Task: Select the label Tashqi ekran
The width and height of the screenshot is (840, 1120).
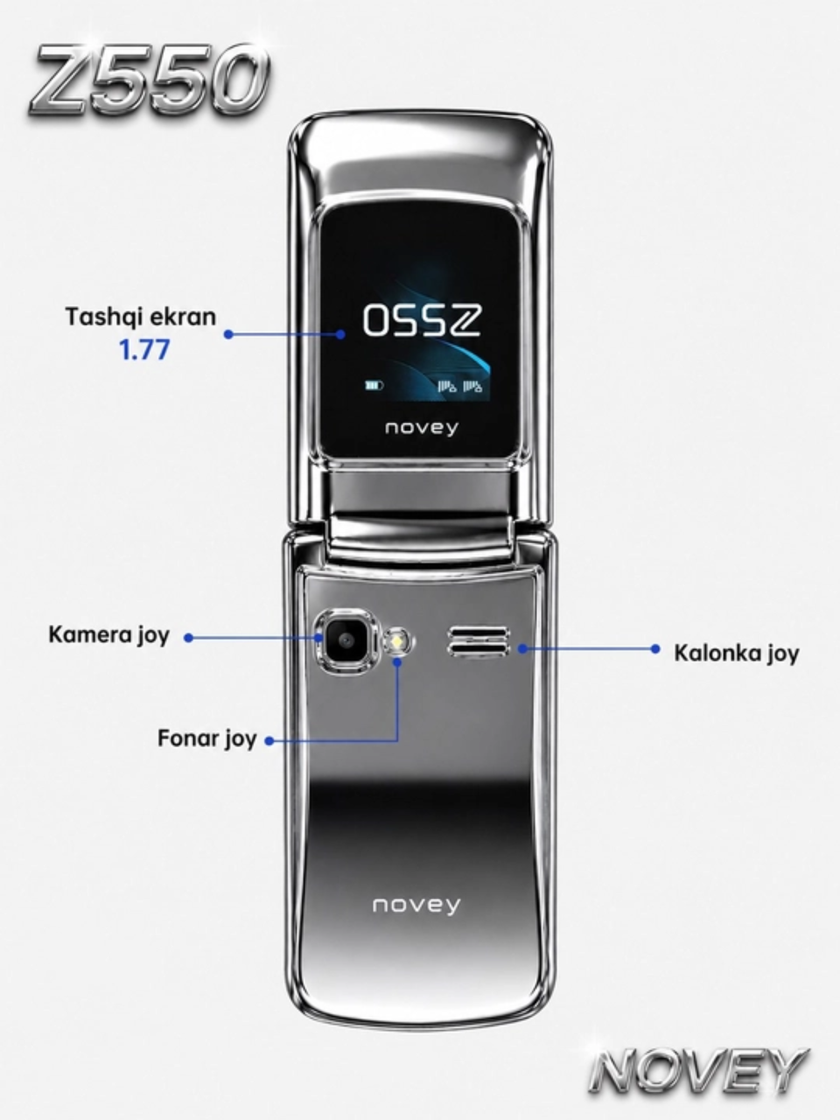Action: coord(141,317)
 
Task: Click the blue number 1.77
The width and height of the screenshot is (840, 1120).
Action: coord(143,350)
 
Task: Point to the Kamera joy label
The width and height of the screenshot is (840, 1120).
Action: coord(108,635)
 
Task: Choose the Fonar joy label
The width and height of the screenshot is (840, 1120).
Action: coord(207,738)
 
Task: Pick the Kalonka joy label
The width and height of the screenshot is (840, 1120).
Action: coord(737,653)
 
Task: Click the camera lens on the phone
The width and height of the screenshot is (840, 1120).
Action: coord(346,640)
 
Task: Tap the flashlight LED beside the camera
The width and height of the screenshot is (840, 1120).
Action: coord(398,641)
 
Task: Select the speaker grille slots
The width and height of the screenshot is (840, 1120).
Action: coord(478,641)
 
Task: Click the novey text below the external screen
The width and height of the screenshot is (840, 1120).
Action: coord(421,428)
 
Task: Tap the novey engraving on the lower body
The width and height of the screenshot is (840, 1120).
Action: coord(416,905)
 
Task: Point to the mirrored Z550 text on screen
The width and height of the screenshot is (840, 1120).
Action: coord(422,320)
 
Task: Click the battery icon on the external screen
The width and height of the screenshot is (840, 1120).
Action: coord(374,386)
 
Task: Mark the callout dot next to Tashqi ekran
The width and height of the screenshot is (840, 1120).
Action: coord(229,334)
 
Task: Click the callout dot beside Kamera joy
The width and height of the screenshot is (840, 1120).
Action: coord(189,637)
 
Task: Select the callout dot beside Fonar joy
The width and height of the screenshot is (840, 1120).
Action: coord(269,741)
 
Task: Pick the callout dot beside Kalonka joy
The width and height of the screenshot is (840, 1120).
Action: coord(655,649)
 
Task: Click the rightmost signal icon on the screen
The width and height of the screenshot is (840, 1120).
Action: coord(472,386)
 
